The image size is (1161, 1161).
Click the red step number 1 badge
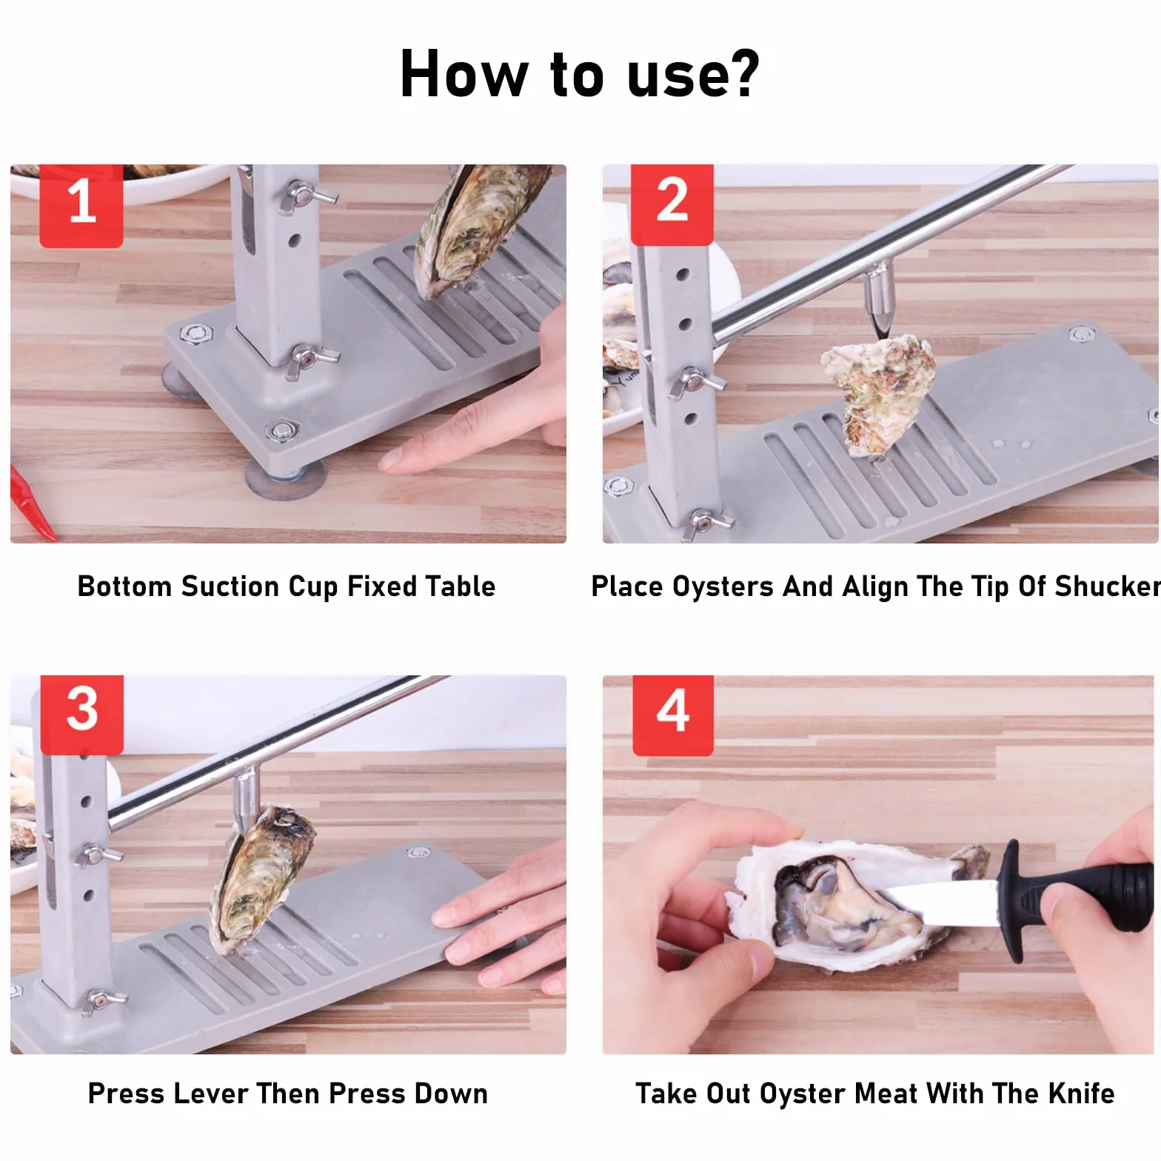click(81, 205)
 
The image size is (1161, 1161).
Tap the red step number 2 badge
click(672, 204)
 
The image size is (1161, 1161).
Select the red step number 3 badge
click(81, 715)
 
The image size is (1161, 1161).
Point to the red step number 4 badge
click(673, 715)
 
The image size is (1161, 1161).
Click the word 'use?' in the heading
click(693, 74)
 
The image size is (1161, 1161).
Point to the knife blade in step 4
click(940, 902)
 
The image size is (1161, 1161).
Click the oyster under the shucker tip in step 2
click(880, 392)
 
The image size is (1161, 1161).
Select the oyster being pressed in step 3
click(259, 877)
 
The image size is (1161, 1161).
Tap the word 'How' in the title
click(464, 74)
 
